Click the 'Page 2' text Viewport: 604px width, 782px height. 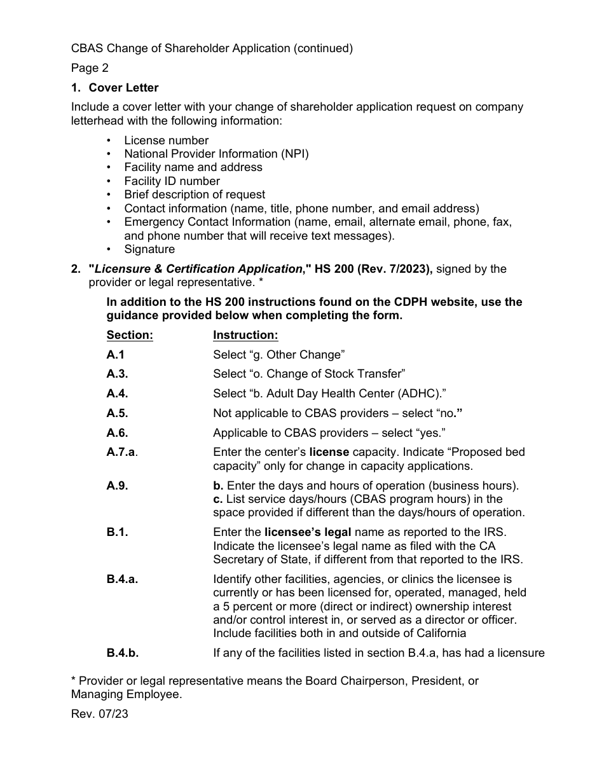(90, 68)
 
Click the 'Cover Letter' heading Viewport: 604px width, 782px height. (123, 88)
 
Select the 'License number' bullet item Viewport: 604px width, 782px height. (166, 140)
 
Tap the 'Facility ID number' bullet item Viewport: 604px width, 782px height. (172, 181)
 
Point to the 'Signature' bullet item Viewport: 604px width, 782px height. (149, 249)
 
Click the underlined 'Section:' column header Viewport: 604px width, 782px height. (130, 335)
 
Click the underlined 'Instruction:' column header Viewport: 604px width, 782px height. (245, 335)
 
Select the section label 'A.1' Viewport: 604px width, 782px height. (116, 355)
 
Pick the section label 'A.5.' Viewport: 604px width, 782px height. (117, 413)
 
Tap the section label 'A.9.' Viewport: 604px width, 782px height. (117, 486)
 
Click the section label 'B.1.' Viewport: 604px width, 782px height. (117, 533)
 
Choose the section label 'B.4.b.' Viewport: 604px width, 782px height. (123, 652)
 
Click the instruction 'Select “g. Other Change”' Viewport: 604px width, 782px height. (278, 355)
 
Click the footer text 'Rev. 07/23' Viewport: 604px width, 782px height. (99, 714)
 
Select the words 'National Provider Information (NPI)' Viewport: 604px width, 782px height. (216, 154)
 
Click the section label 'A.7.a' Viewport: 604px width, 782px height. (121, 453)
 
